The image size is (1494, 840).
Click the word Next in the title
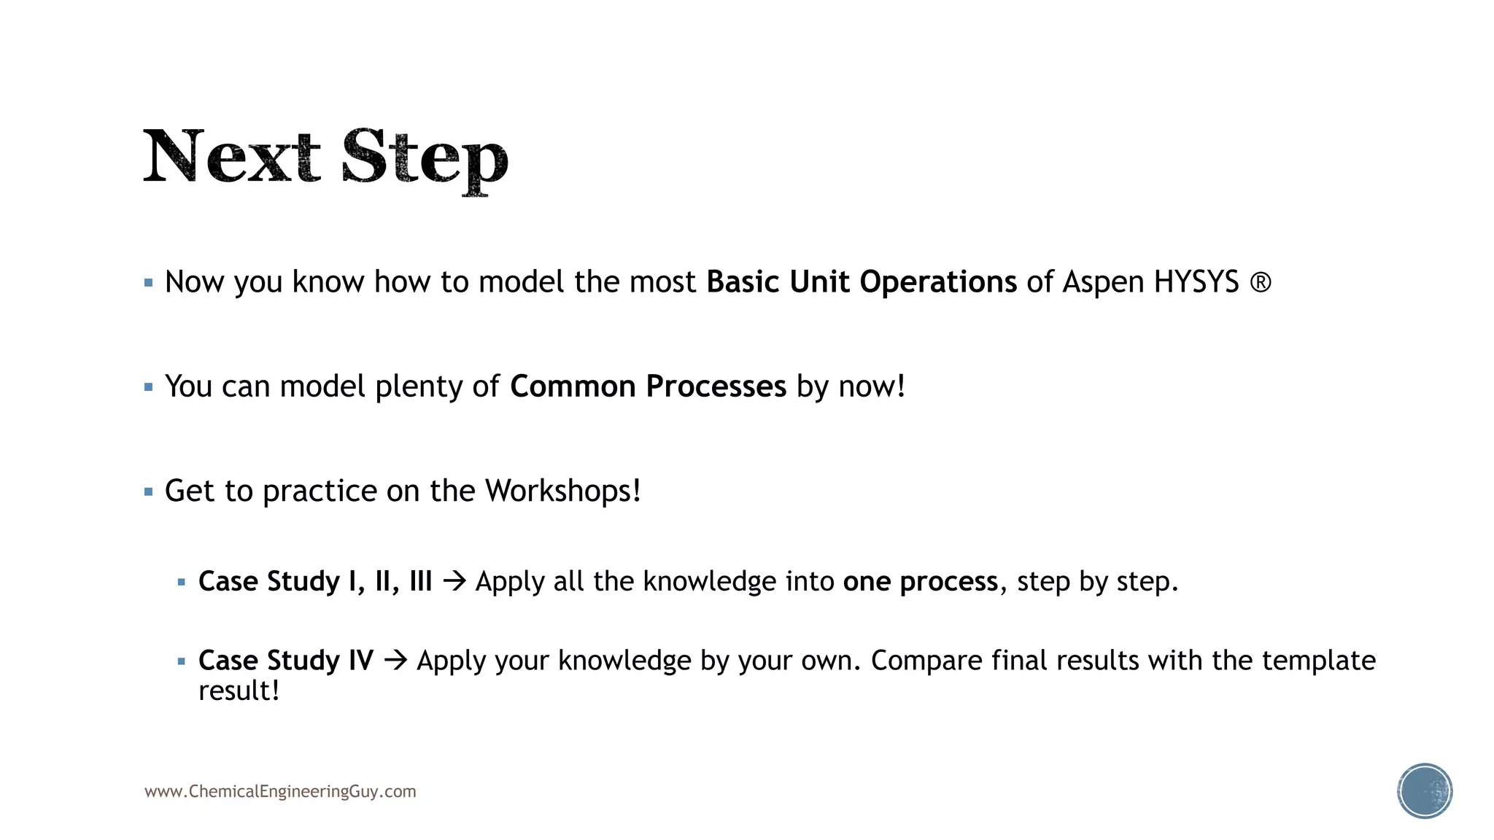tap(231, 156)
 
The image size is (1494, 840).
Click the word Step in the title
tap(424, 157)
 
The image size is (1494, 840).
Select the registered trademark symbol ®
tap(1261, 282)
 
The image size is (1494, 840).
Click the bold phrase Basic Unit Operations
tap(861, 282)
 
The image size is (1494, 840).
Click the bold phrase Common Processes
tap(648, 386)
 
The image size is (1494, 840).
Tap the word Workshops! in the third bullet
tap(562, 491)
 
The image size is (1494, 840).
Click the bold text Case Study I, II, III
tap(315, 582)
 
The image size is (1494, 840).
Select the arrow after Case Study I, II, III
tap(454, 582)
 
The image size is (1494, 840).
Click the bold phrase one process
tap(920, 582)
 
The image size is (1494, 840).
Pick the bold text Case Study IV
tap(286, 661)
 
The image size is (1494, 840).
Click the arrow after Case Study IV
tap(395, 661)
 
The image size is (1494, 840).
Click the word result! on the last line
tap(239, 691)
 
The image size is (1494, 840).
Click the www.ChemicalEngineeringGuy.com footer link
tap(280, 792)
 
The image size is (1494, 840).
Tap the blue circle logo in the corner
tap(1424, 791)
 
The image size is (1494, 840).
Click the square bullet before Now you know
tap(149, 283)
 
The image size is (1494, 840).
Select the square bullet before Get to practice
tap(149, 492)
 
